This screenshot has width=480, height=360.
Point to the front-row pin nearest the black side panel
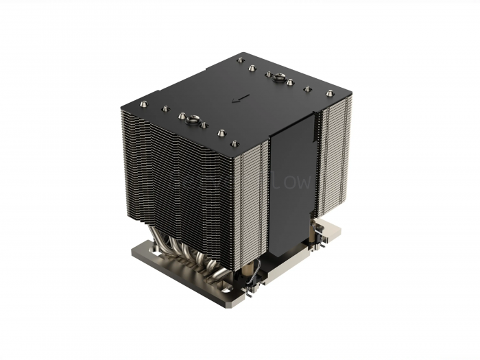(x=235, y=143)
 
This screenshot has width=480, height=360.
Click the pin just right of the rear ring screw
(x=291, y=82)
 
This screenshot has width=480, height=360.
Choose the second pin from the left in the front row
(x=165, y=108)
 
